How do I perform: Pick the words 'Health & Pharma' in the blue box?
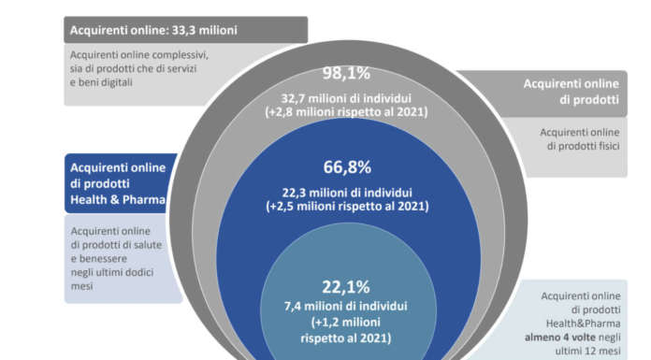click(118, 198)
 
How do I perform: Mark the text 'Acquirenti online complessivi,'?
click(139, 54)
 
